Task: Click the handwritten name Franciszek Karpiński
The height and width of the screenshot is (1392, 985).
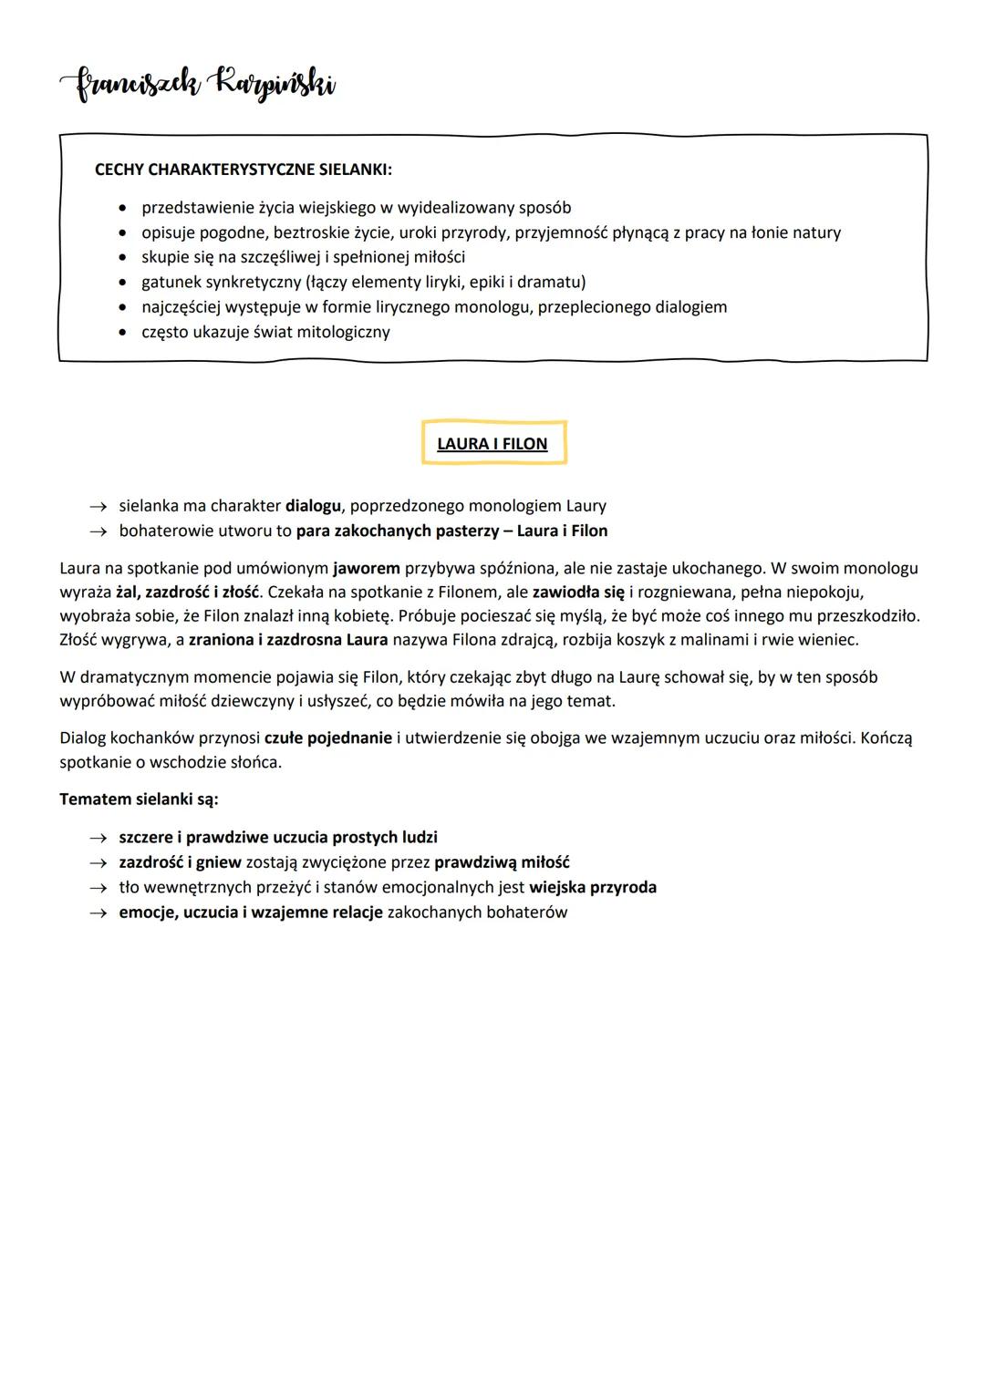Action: [x=198, y=87]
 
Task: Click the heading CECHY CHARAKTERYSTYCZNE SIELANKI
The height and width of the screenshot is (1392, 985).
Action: [x=244, y=170]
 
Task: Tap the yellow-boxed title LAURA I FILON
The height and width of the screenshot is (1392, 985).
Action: [x=493, y=444]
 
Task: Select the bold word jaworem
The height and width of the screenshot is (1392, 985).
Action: [x=367, y=568]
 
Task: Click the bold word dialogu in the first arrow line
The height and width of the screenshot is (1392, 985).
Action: [x=313, y=505]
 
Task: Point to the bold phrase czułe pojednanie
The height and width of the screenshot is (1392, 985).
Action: [x=328, y=737]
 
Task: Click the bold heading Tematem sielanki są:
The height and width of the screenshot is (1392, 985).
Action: [x=139, y=799]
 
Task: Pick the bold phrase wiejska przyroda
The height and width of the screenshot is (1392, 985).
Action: [x=593, y=887]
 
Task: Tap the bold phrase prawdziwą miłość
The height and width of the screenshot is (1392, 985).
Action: [x=502, y=862]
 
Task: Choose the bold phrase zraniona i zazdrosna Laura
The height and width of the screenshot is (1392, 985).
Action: [x=288, y=640]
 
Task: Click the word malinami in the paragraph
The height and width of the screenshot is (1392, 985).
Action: [x=717, y=640]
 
